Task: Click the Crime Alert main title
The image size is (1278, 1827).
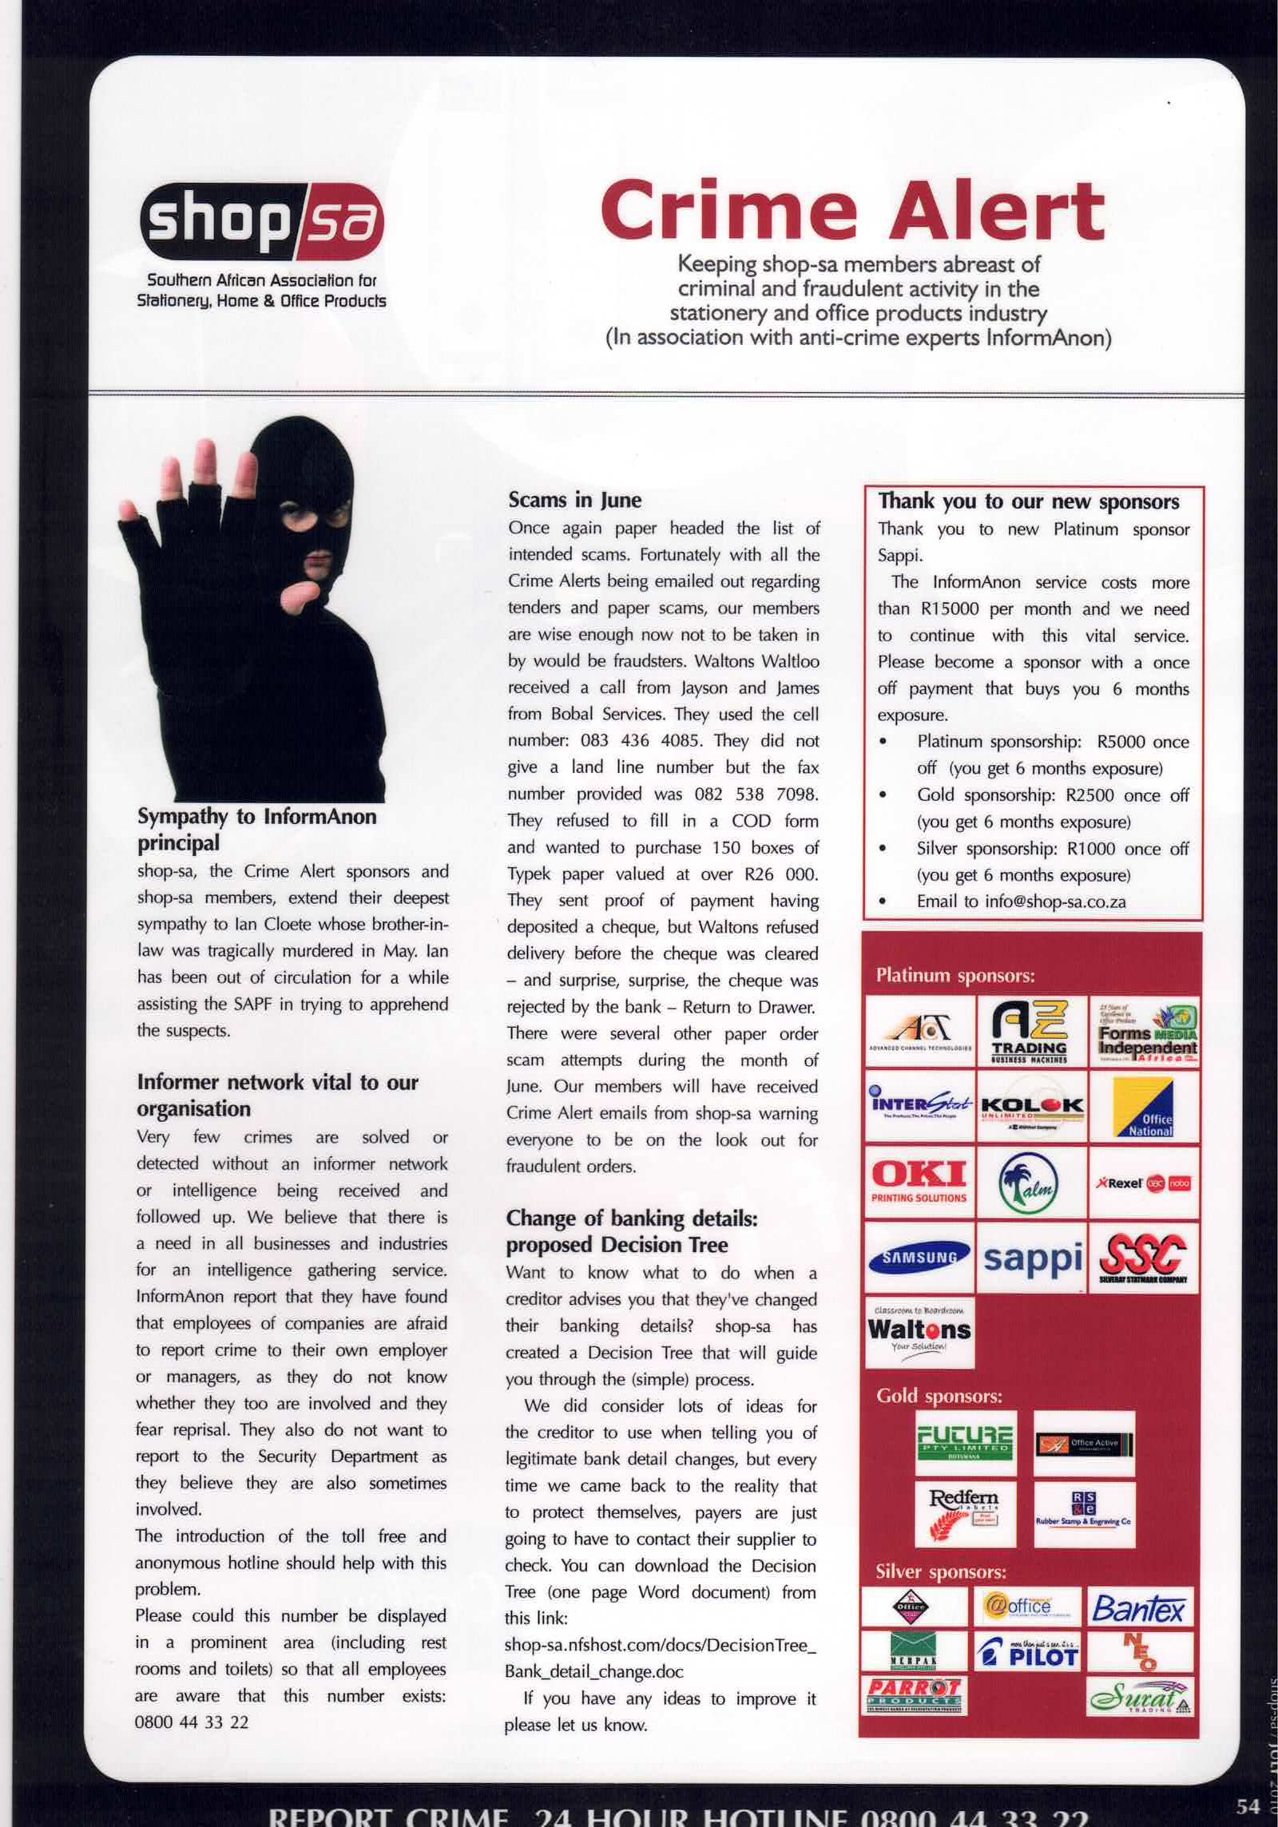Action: coord(852,210)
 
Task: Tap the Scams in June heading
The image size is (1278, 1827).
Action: coord(574,500)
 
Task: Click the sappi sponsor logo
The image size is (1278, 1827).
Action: coord(1031,1258)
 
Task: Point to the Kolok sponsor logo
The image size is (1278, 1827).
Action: coord(1031,1107)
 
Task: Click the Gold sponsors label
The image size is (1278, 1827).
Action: coord(939,1397)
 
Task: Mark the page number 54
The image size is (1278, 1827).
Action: coord(1247,1805)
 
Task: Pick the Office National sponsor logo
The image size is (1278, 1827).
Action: coord(1144,1107)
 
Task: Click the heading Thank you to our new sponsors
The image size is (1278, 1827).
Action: coord(1029,501)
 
